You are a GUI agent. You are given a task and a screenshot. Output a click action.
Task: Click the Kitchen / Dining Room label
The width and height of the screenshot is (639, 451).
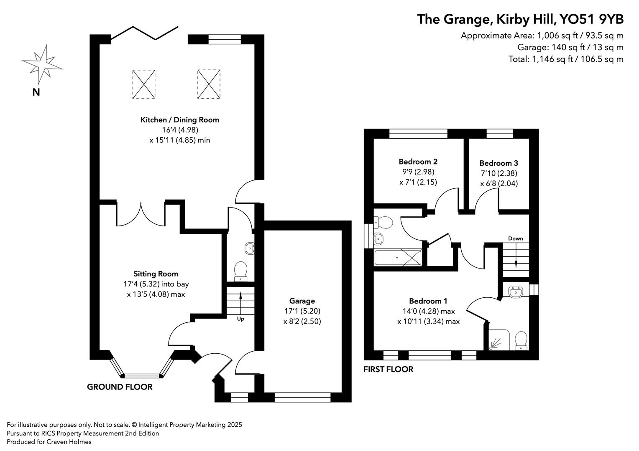tap(180, 120)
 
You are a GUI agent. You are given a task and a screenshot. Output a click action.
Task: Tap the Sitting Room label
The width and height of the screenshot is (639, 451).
tap(156, 274)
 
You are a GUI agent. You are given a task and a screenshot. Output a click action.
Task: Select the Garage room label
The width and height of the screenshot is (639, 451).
tap(302, 301)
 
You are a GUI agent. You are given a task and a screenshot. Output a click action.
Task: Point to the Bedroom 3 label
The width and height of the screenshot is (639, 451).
tap(498, 163)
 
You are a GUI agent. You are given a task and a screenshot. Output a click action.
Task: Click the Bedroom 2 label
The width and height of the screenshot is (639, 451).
tap(418, 162)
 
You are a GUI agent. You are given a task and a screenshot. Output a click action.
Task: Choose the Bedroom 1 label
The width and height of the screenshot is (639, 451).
tap(428, 301)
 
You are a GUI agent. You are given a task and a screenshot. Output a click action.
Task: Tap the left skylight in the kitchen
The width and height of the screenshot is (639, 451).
tap(144, 84)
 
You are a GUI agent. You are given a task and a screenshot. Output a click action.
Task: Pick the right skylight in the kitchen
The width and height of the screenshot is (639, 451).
tap(209, 84)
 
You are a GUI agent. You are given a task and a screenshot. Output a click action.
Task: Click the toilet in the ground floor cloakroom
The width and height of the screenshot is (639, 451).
tap(240, 270)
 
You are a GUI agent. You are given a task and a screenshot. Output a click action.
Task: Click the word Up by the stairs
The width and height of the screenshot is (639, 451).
tap(240, 319)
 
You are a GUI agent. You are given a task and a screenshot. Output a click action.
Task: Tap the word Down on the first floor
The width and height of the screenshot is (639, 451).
tap(515, 238)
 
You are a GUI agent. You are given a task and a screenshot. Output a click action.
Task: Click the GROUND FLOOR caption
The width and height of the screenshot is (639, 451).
tap(120, 387)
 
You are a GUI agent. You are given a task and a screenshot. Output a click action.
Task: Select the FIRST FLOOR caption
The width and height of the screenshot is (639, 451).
tap(388, 369)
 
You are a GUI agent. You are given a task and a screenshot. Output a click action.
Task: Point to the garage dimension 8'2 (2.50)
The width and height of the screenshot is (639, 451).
tap(302, 321)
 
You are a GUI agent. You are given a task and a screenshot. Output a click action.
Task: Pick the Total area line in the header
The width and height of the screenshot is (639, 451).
tap(565, 59)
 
